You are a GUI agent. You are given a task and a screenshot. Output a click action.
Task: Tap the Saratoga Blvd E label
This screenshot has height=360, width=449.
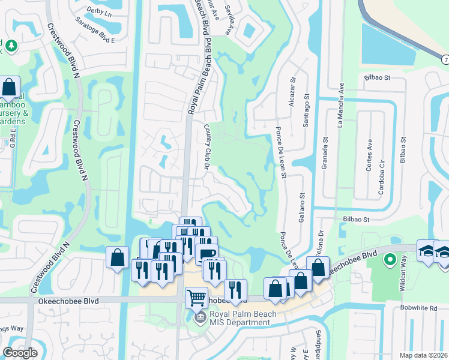[x=95, y=35]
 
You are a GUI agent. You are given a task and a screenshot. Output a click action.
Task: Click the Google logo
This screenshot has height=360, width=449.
[x=20, y=353]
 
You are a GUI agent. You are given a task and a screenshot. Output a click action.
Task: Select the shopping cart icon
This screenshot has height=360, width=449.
[x=196, y=296]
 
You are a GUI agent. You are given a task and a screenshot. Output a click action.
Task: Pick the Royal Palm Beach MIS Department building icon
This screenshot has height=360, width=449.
[x=199, y=316]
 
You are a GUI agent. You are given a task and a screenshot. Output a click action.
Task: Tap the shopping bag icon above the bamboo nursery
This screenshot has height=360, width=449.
[x=9, y=88]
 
